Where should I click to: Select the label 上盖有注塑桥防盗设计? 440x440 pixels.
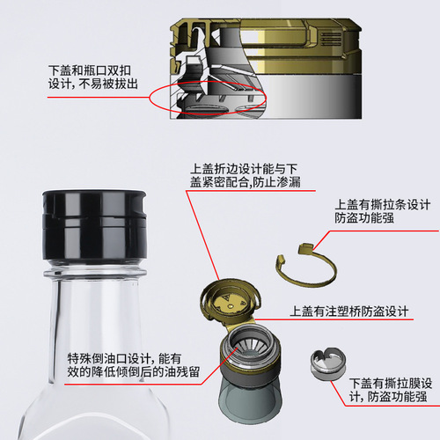click(x=349, y=312)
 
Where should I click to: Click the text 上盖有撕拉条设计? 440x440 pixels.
click(x=381, y=205)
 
